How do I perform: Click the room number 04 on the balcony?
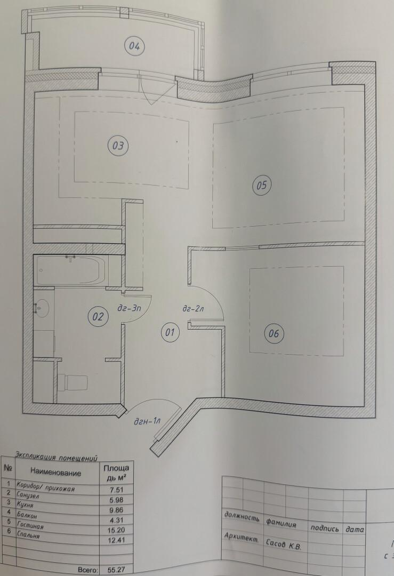click(x=134, y=46)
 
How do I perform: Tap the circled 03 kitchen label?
click(x=118, y=146)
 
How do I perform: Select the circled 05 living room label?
click(x=261, y=185)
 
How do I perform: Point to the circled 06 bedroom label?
click(x=274, y=333)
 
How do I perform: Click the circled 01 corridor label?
click(x=170, y=332)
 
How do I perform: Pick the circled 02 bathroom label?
click(x=98, y=317)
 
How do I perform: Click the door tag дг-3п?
click(x=129, y=308)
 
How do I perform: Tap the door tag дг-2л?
click(x=193, y=309)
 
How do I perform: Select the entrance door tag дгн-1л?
click(x=147, y=421)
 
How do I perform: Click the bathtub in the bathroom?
click(x=71, y=270)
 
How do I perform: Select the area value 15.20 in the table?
click(x=116, y=530)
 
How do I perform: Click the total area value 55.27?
click(x=116, y=570)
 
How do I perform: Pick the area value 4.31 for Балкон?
click(x=116, y=520)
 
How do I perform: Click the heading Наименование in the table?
click(x=56, y=473)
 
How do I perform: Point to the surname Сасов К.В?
click(x=284, y=545)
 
